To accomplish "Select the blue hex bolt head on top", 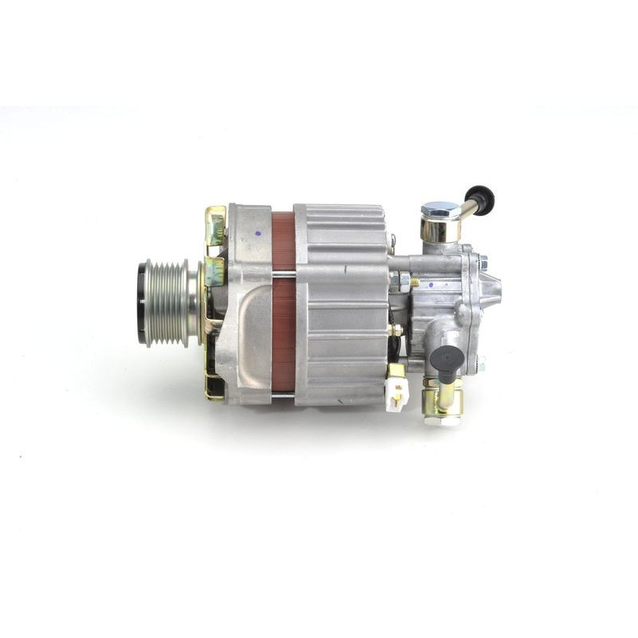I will point(439,210).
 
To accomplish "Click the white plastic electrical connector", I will point(397,392).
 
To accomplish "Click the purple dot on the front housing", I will point(258,234).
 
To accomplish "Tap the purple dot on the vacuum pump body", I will point(431,284).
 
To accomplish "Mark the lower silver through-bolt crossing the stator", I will point(283,391).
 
